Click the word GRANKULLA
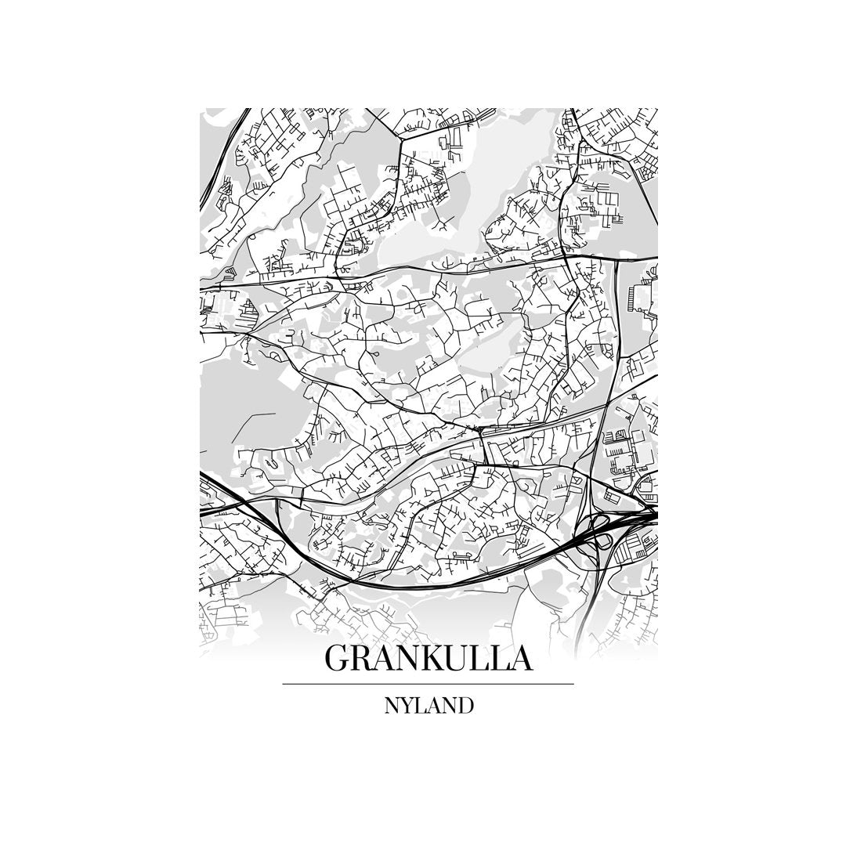click(428, 658)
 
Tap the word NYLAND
click(428, 706)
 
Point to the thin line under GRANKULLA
click(428, 684)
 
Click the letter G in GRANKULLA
click(338, 658)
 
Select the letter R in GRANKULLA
click(362, 658)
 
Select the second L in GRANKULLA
click(500, 658)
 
